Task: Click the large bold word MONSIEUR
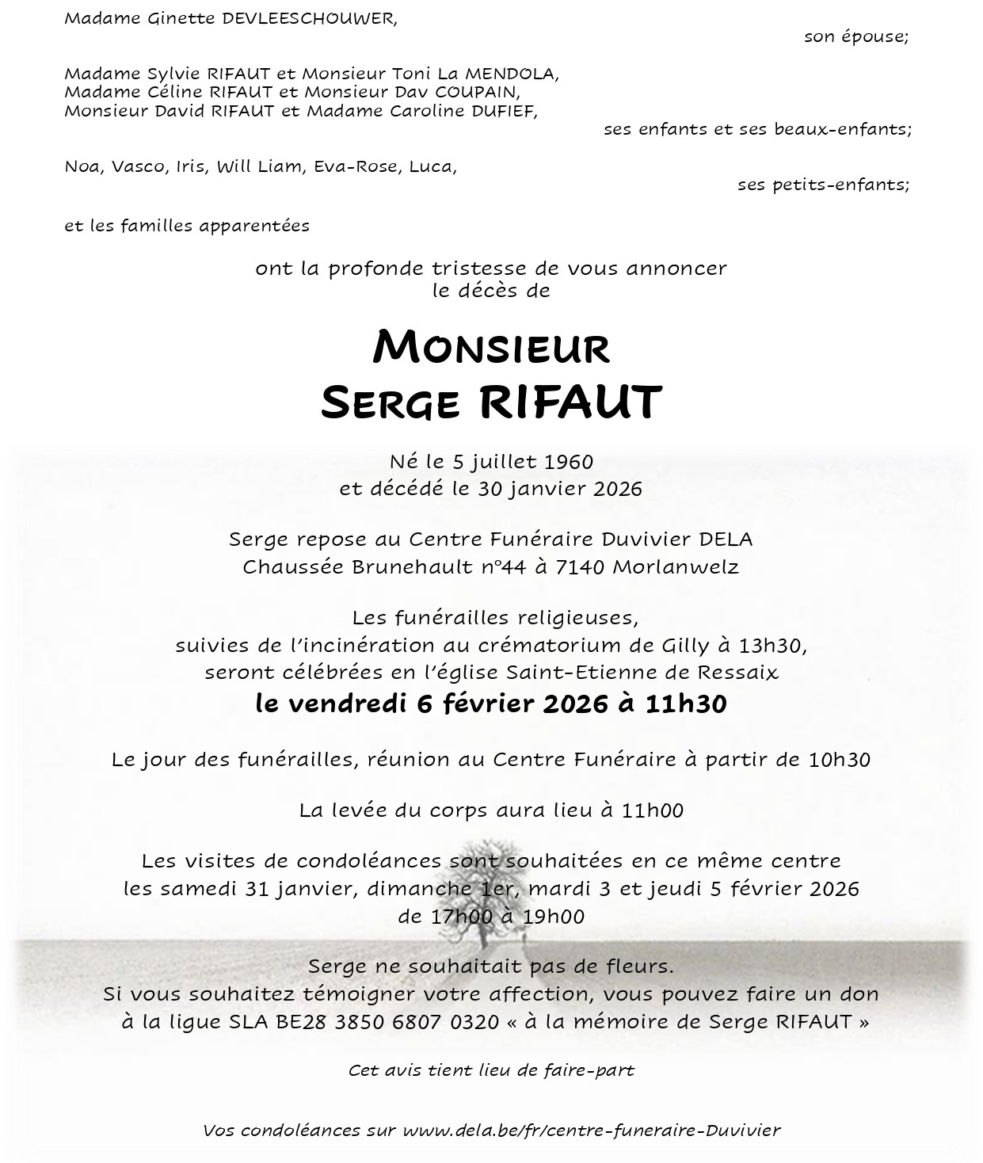[x=491, y=348]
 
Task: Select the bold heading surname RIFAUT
[x=570, y=402]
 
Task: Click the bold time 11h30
[x=685, y=704]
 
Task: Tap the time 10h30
[x=839, y=760]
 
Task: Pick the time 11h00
[x=652, y=810]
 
